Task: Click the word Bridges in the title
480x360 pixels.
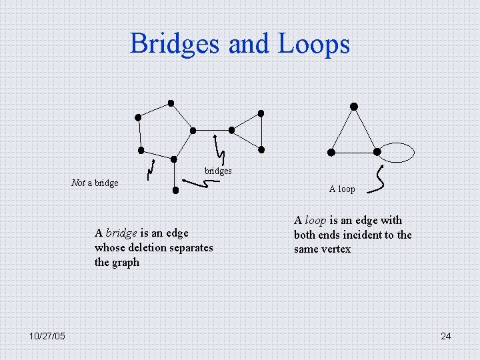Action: click(175, 44)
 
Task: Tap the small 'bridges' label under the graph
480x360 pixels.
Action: click(218, 171)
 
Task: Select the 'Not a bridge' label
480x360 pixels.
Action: click(95, 183)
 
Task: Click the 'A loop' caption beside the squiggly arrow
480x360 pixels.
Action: click(342, 189)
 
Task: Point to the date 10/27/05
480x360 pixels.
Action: click(47, 337)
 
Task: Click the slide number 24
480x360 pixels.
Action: click(445, 337)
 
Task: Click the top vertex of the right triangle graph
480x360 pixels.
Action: click(354, 107)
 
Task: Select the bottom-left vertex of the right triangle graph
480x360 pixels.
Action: click(331, 152)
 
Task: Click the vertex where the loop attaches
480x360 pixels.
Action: click(377, 151)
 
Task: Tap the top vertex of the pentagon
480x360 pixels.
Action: click(171, 103)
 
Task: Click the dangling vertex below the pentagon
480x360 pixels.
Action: click(175, 190)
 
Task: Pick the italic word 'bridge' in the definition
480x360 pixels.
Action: click(121, 233)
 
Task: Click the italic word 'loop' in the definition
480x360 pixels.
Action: click(315, 221)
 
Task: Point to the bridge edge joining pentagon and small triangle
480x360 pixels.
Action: click(212, 130)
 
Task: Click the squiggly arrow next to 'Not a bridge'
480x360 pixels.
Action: click(151, 171)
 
